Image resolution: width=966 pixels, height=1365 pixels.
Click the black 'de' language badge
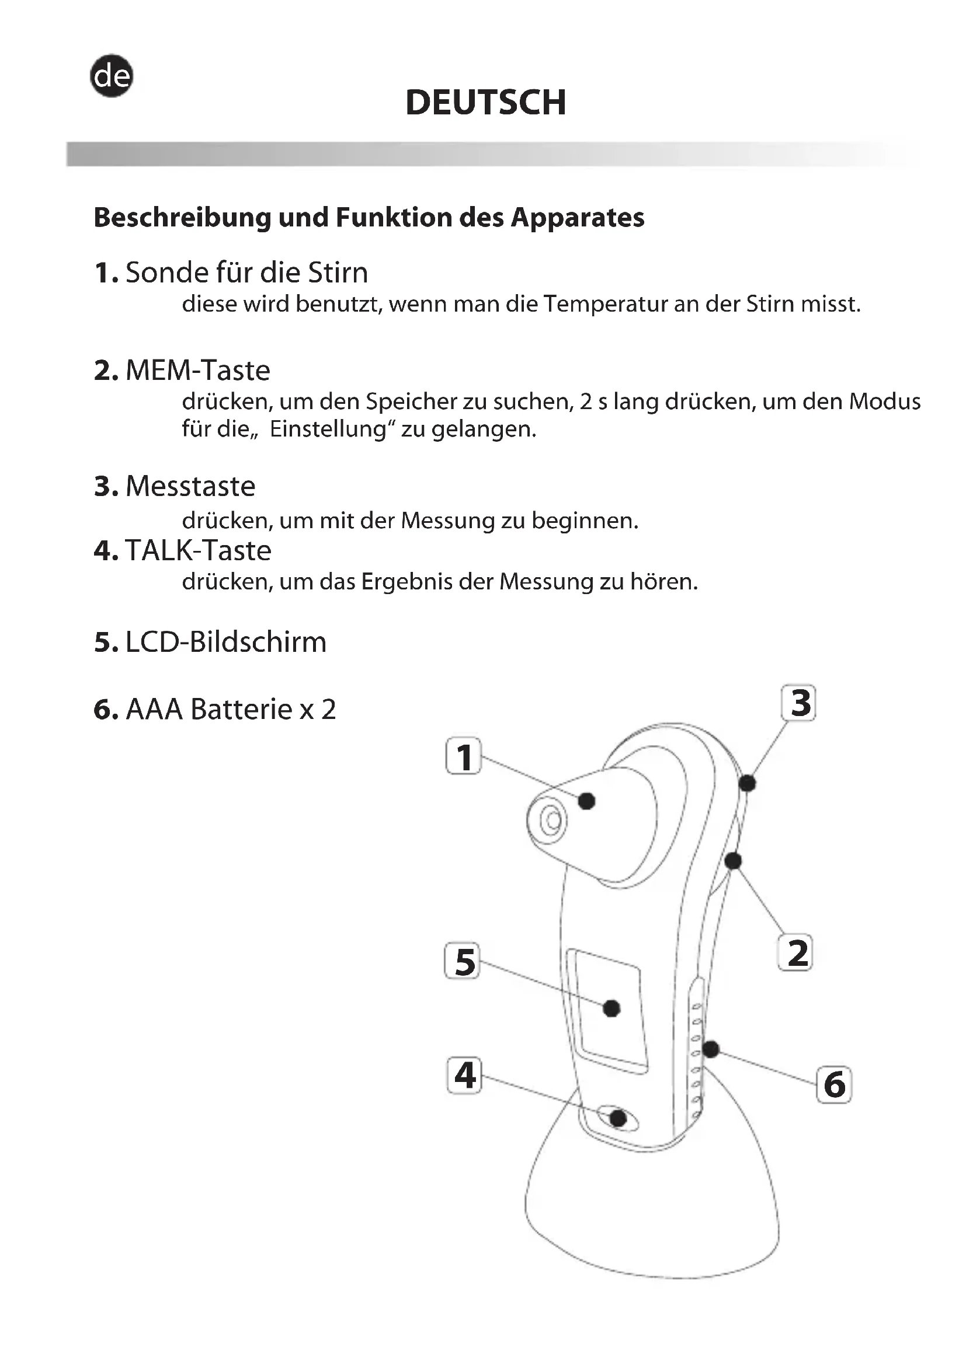tap(111, 76)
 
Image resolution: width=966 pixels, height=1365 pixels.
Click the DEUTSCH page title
tap(485, 102)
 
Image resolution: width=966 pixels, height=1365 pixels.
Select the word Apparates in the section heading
tap(577, 218)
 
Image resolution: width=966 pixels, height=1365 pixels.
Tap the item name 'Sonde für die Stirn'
tap(246, 273)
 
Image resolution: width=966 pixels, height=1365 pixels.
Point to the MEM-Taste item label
tap(197, 371)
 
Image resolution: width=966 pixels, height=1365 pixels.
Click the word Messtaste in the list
tap(190, 486)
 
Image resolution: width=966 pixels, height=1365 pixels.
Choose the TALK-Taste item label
tap(198, 550)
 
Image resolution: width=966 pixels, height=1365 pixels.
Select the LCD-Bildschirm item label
tap(226, 642)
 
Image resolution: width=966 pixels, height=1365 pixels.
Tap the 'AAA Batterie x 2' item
tap(231, 709)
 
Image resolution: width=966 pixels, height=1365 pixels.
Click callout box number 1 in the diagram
tap(464, 756)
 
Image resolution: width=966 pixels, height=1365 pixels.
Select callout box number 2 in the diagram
tap(796, 952)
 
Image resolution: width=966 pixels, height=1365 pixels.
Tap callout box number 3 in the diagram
tap(799, 703)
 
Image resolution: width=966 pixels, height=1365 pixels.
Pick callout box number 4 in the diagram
tap(464, 1076)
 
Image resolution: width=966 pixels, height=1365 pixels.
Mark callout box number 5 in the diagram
tap(463, 961)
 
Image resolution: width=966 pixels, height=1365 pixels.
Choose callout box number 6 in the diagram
tap(834, 1084)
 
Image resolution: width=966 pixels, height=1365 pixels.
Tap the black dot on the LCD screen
tap(611, 1008)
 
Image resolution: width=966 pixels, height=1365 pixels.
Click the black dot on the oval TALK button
tap(618, 1118)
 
